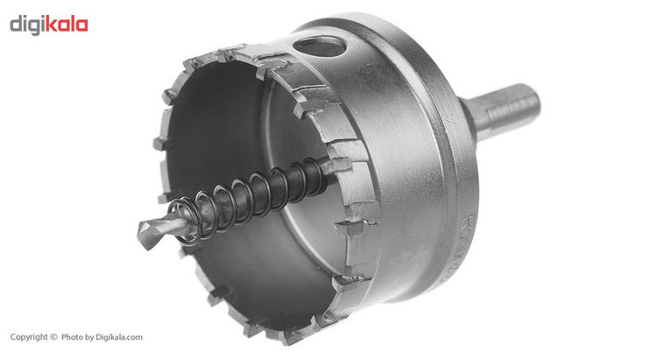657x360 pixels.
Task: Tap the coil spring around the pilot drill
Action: [247, 197]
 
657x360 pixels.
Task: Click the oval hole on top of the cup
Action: [320, 46]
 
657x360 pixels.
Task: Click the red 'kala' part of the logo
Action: [67, 25]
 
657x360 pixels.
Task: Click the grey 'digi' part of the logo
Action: [28, 26]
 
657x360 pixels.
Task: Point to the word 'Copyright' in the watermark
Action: [29, 337]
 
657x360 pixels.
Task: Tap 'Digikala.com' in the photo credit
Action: [119, 337]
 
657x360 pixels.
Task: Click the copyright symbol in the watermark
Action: [53, 336]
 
